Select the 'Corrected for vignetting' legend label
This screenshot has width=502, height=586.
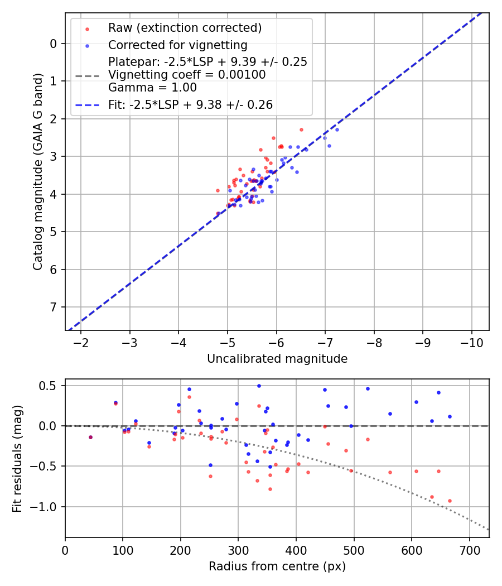(177, 45)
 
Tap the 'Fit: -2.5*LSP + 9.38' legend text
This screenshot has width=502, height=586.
(190, 104)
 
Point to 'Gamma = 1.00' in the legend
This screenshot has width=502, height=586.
(152, 87)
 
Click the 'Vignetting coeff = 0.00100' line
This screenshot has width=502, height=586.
(187, 74)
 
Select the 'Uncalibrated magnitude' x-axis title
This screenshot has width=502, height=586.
(277, 359)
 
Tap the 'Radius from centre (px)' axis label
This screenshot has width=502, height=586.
(277, 566)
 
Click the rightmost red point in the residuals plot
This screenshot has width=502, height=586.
(450, 501)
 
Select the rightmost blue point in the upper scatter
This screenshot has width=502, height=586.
(337, 129)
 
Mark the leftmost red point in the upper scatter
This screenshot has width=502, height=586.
(218, 190)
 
